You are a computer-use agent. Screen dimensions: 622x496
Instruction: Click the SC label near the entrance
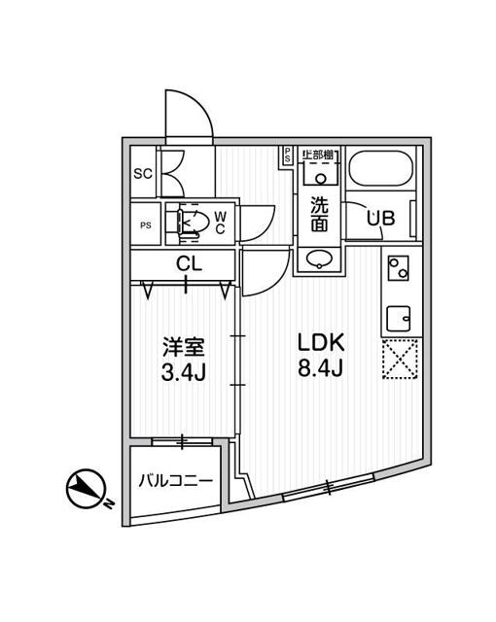141,174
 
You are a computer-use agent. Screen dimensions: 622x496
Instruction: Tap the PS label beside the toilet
146,225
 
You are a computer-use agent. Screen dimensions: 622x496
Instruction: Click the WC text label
220,223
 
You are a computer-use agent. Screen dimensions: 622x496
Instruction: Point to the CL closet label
189,262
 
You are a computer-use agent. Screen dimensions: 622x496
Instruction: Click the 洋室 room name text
182,346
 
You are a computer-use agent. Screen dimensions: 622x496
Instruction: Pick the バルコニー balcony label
176,480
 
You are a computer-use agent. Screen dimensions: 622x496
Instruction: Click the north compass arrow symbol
86,489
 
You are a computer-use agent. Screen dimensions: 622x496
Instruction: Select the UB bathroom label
380,219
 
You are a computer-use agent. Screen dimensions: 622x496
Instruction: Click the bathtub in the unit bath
381,171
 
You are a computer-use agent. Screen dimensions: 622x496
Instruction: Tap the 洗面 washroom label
319,214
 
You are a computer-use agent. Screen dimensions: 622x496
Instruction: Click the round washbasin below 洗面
319,259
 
